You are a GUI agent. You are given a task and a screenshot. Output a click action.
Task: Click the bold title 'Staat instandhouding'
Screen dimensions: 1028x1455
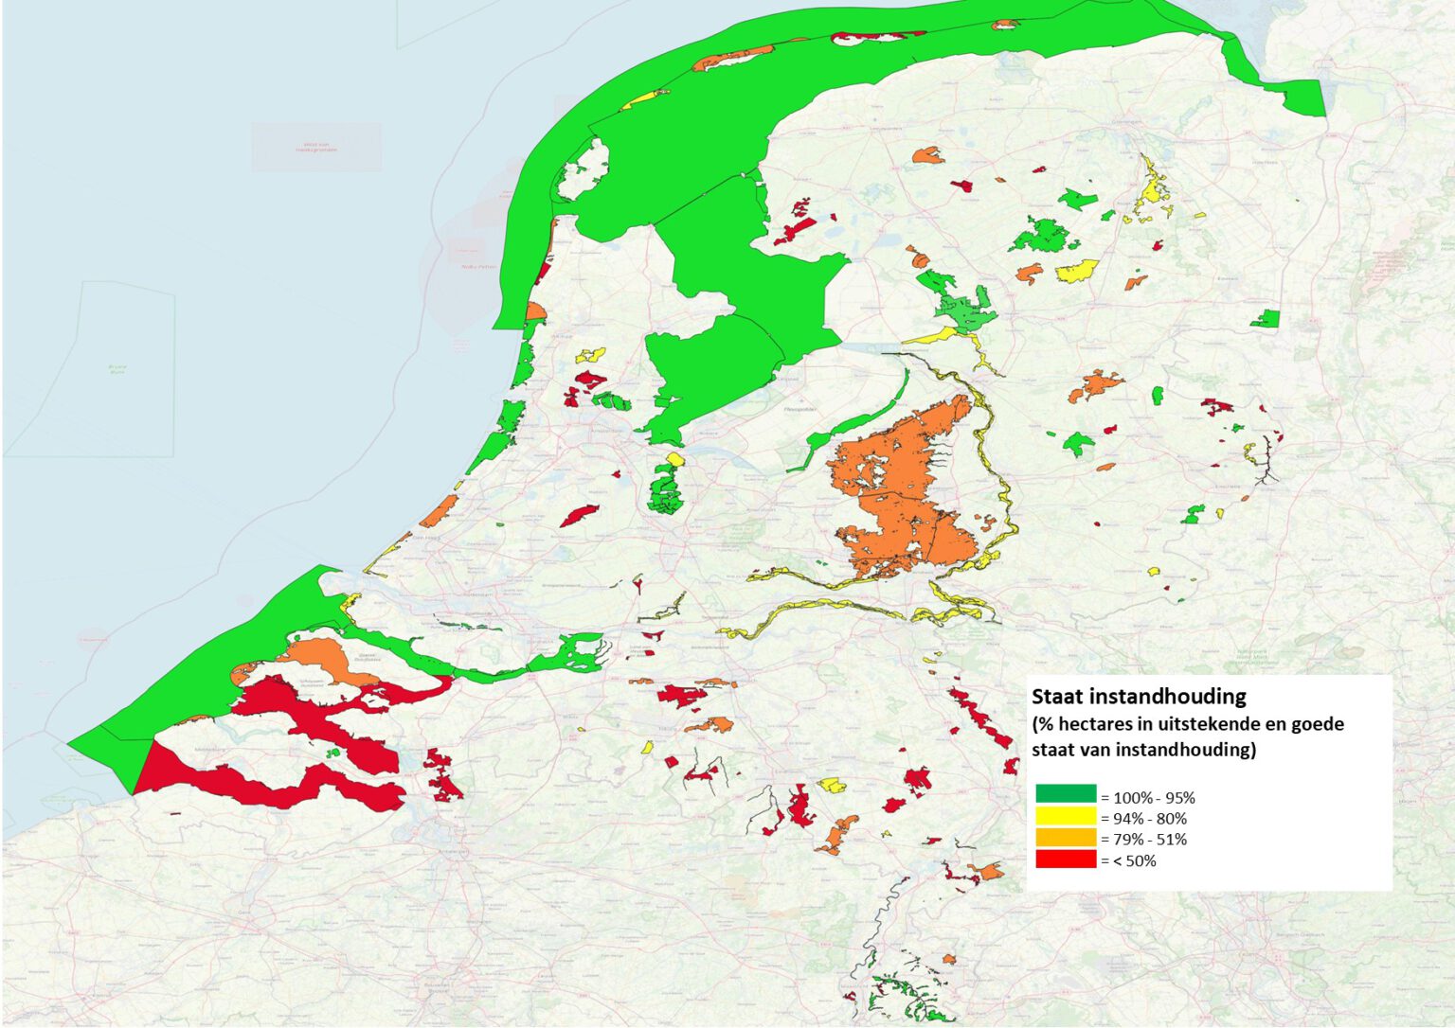1139,697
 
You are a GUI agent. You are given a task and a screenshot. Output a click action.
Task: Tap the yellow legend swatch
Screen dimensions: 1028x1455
1065,817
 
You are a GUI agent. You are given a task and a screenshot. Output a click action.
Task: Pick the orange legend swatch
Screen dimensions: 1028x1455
1065,839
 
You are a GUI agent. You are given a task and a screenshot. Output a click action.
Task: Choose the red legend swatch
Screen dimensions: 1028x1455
1065,860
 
